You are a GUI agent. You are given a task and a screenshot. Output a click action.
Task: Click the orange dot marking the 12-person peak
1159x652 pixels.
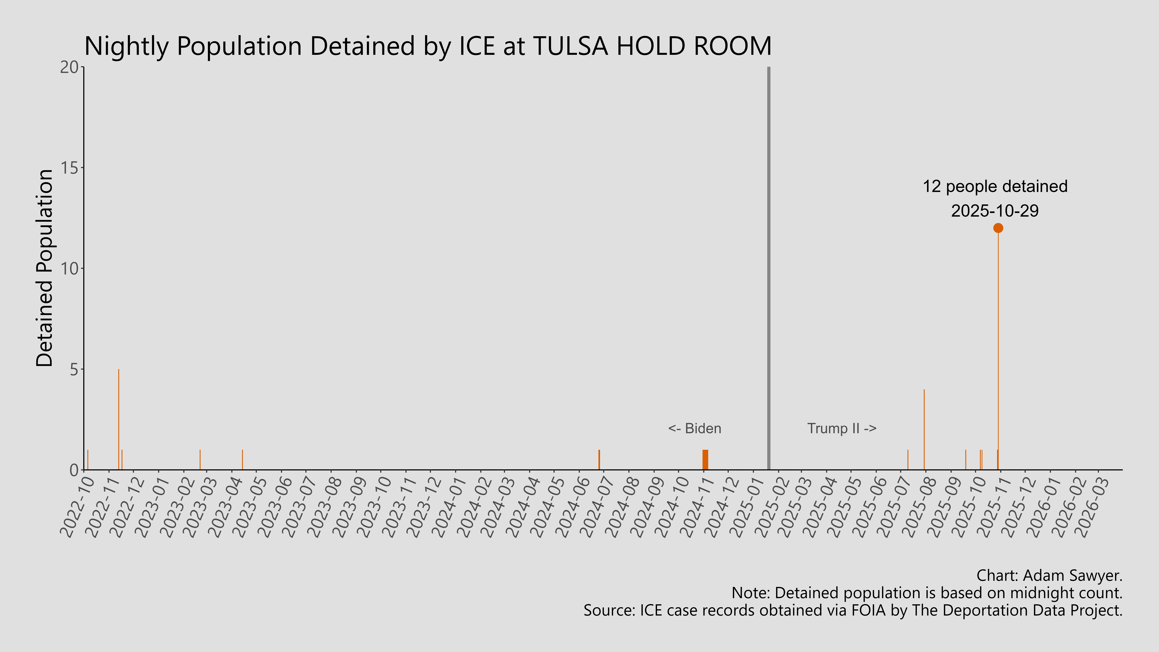pos(998,228)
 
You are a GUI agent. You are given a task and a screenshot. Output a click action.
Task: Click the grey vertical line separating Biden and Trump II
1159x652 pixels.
pos(768,270)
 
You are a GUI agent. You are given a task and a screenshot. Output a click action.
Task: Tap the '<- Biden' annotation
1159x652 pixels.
pos(695,428)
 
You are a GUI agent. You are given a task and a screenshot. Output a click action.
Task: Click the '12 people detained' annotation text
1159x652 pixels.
pos(995,186)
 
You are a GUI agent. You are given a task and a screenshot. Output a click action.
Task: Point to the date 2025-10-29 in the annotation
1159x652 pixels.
pos(995,211)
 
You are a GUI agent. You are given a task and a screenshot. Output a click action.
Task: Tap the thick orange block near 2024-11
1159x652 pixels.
pos(705,460)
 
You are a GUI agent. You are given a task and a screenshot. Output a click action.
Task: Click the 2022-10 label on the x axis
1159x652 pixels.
pos(77,506)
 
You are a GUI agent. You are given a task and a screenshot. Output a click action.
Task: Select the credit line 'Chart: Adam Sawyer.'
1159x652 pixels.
pos(1049,575)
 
